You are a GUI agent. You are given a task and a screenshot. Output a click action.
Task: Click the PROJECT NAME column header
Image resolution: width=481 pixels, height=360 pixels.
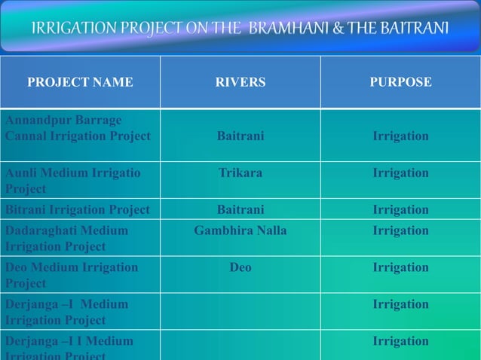(x=80, y=82)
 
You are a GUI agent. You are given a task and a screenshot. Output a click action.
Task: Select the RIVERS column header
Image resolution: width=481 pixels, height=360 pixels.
(x=240, y=82)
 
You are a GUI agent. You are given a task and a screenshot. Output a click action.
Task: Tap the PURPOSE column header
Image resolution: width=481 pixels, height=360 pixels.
(x=400, y=82)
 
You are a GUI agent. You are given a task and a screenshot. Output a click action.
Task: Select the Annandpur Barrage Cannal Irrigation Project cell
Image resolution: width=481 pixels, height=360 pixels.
(x=78, y=128)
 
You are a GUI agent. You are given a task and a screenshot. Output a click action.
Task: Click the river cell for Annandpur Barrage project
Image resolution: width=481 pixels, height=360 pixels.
(x=240, y=136)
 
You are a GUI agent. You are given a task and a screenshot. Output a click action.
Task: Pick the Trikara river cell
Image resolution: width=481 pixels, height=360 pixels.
(x=240, y=173)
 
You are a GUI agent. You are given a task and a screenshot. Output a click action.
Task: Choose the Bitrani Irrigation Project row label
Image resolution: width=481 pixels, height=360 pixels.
(x=78, y=209)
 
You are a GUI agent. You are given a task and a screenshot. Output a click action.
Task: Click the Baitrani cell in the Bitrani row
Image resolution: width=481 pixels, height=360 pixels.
(x=240, y=209)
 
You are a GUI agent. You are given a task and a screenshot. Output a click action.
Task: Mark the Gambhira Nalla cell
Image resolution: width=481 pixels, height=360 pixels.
(x=240, y=230)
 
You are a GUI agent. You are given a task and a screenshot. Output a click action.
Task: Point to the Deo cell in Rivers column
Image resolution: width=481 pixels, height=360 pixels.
(x=240, y=267)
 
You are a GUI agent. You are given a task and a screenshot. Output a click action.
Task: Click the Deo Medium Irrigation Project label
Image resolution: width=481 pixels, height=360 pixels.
(x=72, y=275)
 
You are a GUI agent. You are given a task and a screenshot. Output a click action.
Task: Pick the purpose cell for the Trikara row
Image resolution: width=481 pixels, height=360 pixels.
(x=400, y=173)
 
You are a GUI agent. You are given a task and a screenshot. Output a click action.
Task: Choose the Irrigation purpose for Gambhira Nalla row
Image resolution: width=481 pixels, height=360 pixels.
(x=400, y=230)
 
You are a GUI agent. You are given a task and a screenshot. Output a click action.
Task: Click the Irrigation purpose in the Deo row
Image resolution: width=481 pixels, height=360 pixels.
(x=400, y=267)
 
